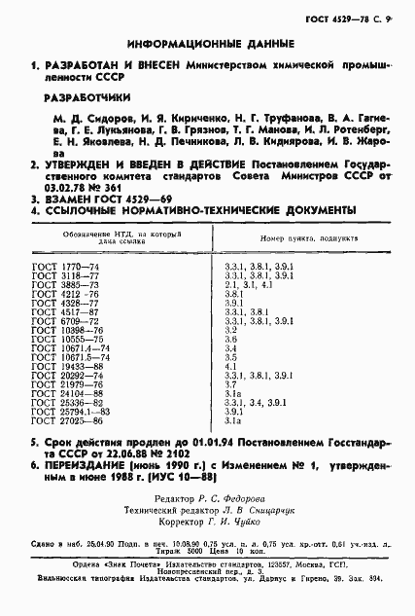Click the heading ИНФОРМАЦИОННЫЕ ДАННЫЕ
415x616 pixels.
click(207, 44)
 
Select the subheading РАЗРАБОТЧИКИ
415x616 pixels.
click(85, 97)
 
